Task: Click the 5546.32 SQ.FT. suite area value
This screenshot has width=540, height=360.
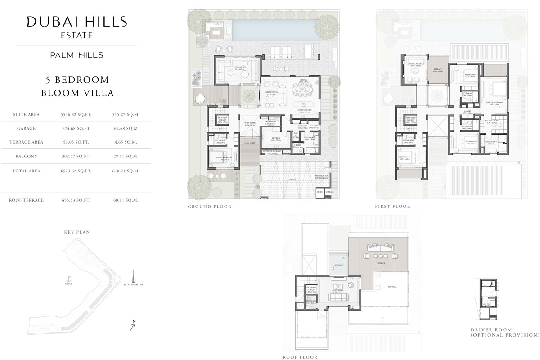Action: point(76,115)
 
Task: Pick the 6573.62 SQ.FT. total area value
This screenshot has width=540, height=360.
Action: point(76,171)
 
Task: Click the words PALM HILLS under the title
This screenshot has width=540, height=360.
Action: point(76,55)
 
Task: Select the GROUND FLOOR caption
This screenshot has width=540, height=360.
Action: point(209,207)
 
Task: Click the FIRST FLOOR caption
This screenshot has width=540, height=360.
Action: point(393,207)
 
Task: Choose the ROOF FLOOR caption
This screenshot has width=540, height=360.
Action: point(300,357)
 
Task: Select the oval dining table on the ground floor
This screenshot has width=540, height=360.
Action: point(304,90)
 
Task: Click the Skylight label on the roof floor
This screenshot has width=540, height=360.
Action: point(339,265)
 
